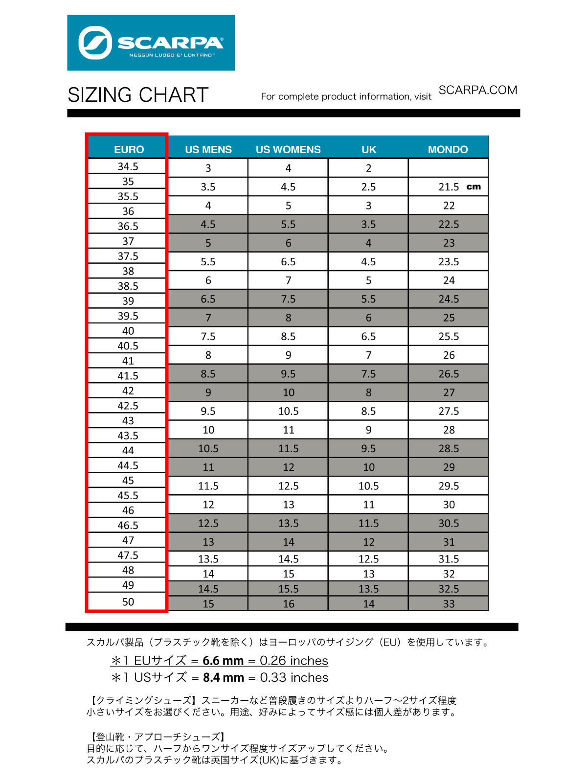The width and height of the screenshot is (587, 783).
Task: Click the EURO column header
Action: tap(129, 149)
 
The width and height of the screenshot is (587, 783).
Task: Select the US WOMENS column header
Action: tap(288, 149)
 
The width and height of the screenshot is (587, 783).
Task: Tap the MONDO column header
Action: tap(448, 149)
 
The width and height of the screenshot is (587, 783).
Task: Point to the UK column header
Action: tap(368, 149)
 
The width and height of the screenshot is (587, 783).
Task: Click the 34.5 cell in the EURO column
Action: tap(128, 166)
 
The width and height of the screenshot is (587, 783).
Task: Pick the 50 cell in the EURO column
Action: tap(128, 601)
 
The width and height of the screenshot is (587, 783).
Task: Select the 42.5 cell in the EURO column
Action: tap(128, 406)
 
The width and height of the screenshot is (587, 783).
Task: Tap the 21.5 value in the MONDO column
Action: tap(449, 187)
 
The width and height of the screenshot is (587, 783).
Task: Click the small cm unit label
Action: tap(474, 186)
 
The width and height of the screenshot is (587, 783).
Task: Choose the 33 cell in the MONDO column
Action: tap(449, 604)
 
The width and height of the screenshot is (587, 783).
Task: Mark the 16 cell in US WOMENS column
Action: tap(288, 604)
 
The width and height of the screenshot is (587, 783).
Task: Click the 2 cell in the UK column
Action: tap(368, 168)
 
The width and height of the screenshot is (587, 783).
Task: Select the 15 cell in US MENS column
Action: tap(208, 604)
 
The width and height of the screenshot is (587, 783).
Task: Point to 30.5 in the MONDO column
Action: tap(449, 523)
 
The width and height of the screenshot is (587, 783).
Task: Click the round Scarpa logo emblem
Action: tap(95, 43)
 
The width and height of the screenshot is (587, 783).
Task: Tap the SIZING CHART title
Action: tap(138, 95)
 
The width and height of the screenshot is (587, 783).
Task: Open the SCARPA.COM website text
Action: tap(477, 90)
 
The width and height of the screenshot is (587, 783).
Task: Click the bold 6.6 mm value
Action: tap(223, 661)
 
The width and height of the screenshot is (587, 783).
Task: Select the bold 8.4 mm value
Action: tap(223, 678)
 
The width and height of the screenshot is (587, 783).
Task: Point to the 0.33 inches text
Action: tap(294, 678)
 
